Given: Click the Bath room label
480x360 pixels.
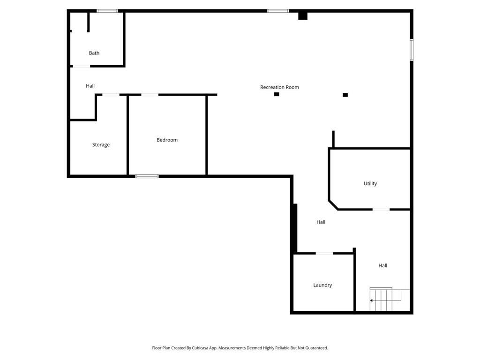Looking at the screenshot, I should pos(94,53).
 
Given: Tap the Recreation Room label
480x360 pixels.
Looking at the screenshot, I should pos(279,87).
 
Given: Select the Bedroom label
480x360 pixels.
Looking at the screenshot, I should pos(167,140).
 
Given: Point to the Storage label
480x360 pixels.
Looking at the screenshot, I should pos(101,145).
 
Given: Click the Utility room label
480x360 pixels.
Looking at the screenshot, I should pos(370,183).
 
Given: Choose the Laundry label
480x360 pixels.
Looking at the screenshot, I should pos(322,285).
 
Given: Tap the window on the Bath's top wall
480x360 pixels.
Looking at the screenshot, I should pos(107,11).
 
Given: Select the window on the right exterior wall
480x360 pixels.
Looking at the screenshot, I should pos(412,50).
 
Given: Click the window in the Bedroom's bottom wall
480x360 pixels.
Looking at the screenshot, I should pos(147,176).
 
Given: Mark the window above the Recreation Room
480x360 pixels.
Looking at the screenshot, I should pos(278,11).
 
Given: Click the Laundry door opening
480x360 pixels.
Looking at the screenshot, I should pos(324,253).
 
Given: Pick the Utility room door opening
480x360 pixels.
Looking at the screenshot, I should pos(381,210).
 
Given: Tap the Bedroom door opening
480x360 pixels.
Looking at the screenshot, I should pos(150,95).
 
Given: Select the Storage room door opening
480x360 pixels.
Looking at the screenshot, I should pos(111,95).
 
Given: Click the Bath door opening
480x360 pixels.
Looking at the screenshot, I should pos(81,66).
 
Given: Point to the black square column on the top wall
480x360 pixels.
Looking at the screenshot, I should pos(303,16).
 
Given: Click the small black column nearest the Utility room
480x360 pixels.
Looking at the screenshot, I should pos(345,95).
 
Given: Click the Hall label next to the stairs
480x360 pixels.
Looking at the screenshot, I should pos(383,265).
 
